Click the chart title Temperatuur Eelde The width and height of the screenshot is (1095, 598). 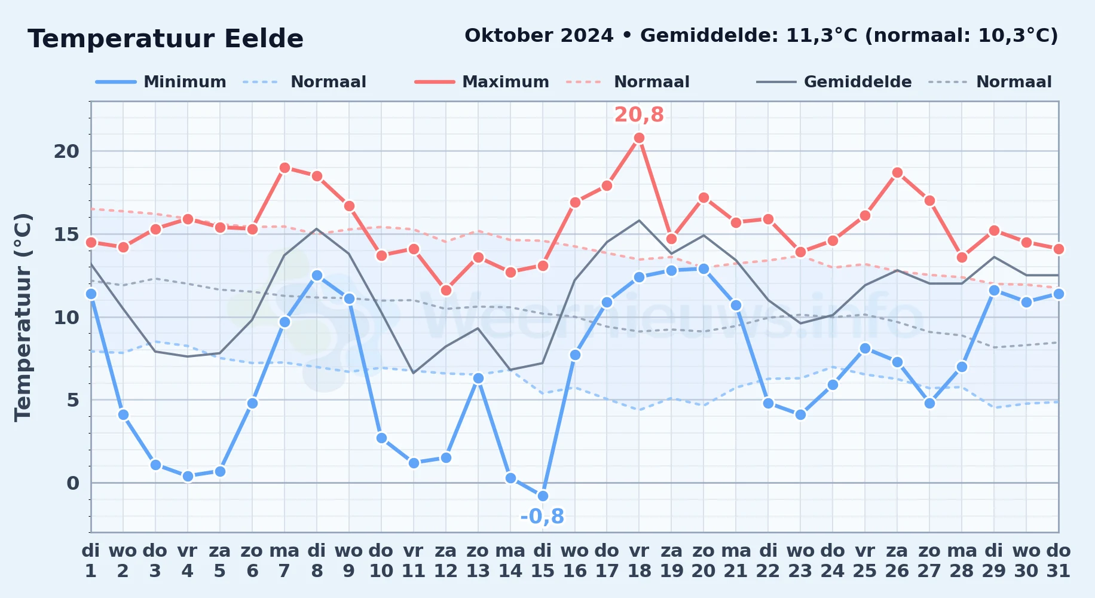[166, 39]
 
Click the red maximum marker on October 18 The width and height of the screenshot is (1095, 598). [639, 138]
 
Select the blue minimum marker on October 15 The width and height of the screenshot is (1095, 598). [543, 496]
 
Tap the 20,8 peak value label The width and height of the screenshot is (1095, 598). [639, 114]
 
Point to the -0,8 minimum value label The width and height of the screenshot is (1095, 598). [542, 516]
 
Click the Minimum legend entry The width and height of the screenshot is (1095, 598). [161, 82]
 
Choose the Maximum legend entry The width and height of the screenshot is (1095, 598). [482, 82]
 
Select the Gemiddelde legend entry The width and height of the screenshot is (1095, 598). [834, 82]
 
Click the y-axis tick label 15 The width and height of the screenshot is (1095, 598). [66, 234]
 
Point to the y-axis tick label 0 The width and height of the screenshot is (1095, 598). [73, 483]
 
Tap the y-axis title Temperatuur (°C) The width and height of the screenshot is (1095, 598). [23, 317]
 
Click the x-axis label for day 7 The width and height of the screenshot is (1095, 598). [285, 560]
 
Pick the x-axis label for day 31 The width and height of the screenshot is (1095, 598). [1059, 560]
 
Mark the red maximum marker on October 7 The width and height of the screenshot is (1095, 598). [285, 168]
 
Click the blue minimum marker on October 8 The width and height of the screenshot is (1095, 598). [317, 276]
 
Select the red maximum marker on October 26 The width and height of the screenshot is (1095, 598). [897, 173]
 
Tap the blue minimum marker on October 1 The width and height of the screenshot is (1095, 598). [91, 294]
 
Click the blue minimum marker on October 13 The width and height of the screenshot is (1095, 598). [478, 378]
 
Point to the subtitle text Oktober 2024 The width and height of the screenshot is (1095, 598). [539, 36]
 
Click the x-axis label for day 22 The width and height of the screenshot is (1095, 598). [768, 560]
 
